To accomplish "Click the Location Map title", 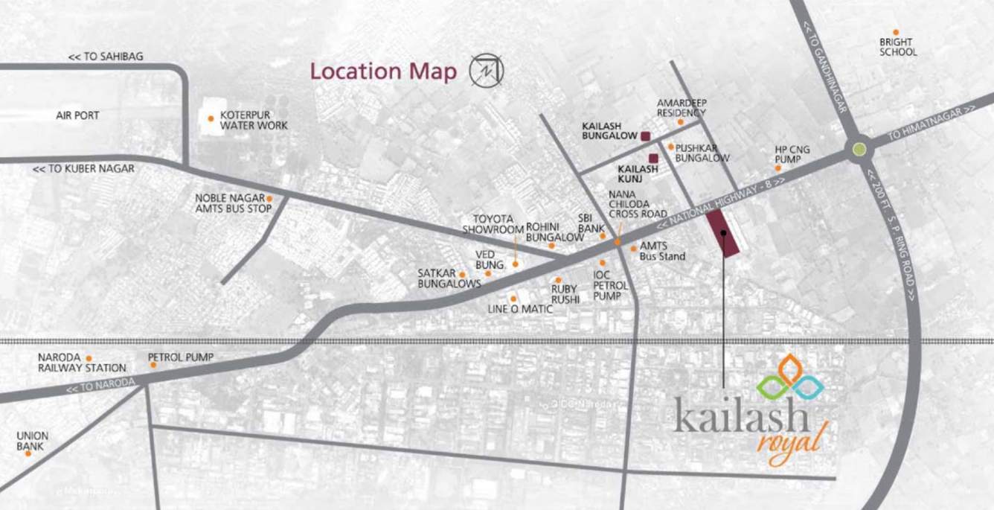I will click(383, 71).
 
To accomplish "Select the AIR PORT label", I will click(77, 115).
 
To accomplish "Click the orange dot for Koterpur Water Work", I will click(211, 118).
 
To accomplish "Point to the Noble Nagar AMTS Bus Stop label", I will click(230, 203).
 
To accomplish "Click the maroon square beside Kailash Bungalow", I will click(646, 136).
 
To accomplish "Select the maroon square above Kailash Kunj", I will click(653, 158).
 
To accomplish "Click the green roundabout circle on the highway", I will click(859, 150).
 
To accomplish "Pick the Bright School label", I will click(898, 48).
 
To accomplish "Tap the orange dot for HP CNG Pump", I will click(778, 168).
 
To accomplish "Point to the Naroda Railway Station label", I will click(82, 363).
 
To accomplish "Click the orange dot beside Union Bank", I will click(28, 453).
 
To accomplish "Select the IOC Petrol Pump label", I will click(607, 285).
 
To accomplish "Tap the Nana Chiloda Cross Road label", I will click(638, 203).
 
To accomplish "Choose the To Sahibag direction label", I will click(106, 57).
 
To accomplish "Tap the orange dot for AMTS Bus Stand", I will click(633, 249).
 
